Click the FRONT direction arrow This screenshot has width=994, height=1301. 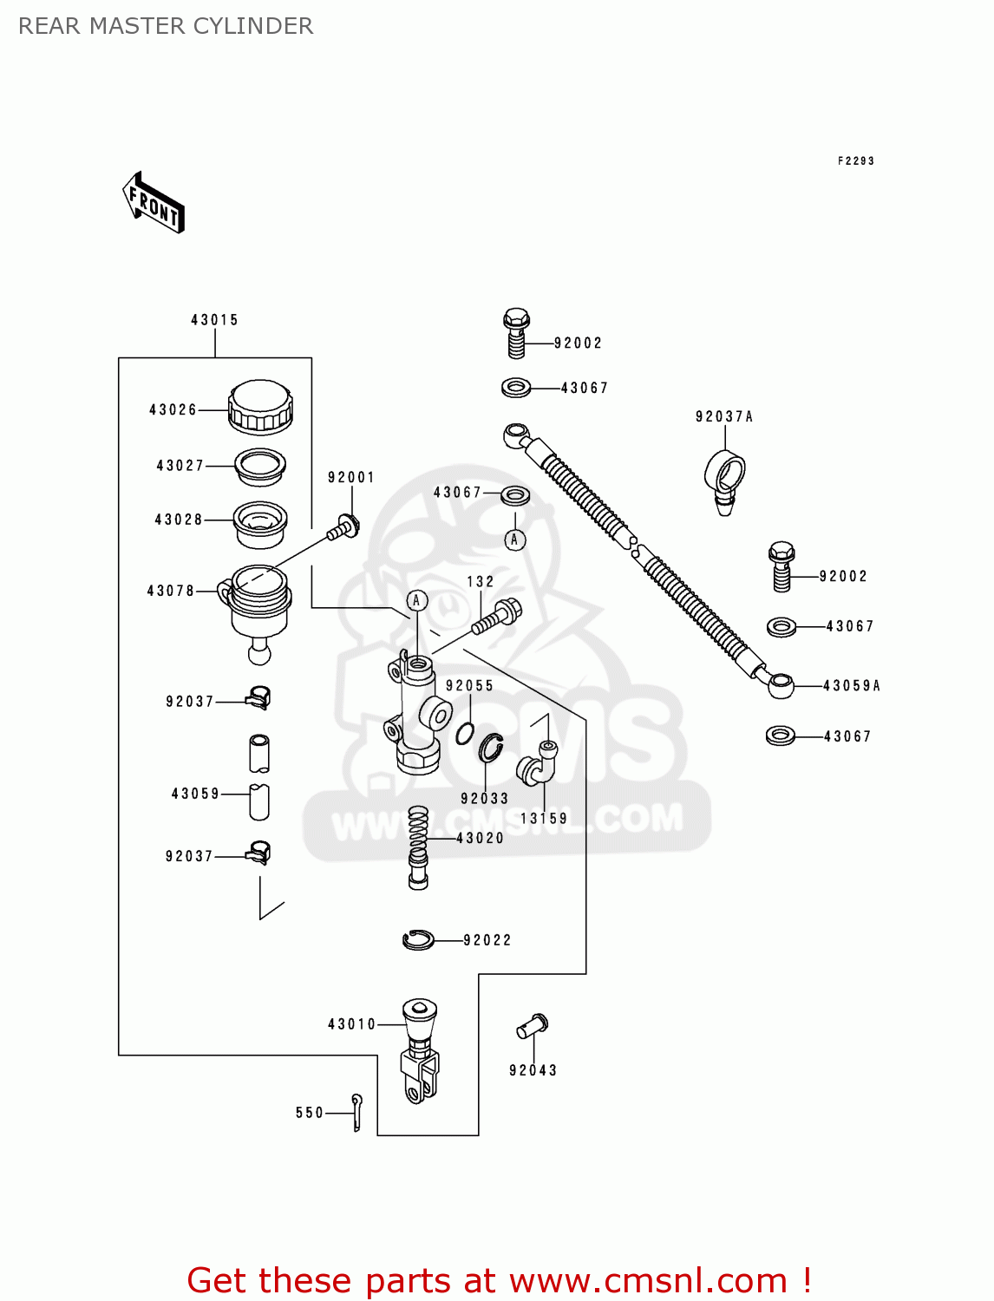pyautogui.click(x=154, y=203)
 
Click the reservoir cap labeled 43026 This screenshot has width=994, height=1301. pyautogui.click(x=260, y=407)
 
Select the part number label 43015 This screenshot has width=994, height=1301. pyautogui.click(x=214, y=320)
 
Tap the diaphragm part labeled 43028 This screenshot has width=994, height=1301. pyautogui.click(x=259, y=524)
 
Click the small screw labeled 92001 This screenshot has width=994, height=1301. pyautogui.click(x=344, y=527)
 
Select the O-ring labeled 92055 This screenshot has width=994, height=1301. pyautogui.click(x=465, y=733)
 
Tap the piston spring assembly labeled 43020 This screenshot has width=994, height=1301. pyautogui.click(x=418, y=846)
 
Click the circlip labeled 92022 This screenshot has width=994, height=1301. pyautogui.click(x=418, y=939)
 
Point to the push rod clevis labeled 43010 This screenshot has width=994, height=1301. pyautogui.click(x=420, y=1049)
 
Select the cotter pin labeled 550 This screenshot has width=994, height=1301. pyautogui.click(x=357, y=1112)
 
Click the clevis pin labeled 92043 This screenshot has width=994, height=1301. pyautogui.click(x=532, y=1026)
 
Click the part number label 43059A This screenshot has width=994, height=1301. pyautogui.click(x=851, y=686)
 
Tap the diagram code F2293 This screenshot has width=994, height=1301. pyautogui.click(x=855, y=160)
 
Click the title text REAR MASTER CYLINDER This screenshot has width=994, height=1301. pyautogui.click(x=166, y=26)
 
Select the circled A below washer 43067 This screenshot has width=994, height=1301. pyautogui.click(x=514, y=539)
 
